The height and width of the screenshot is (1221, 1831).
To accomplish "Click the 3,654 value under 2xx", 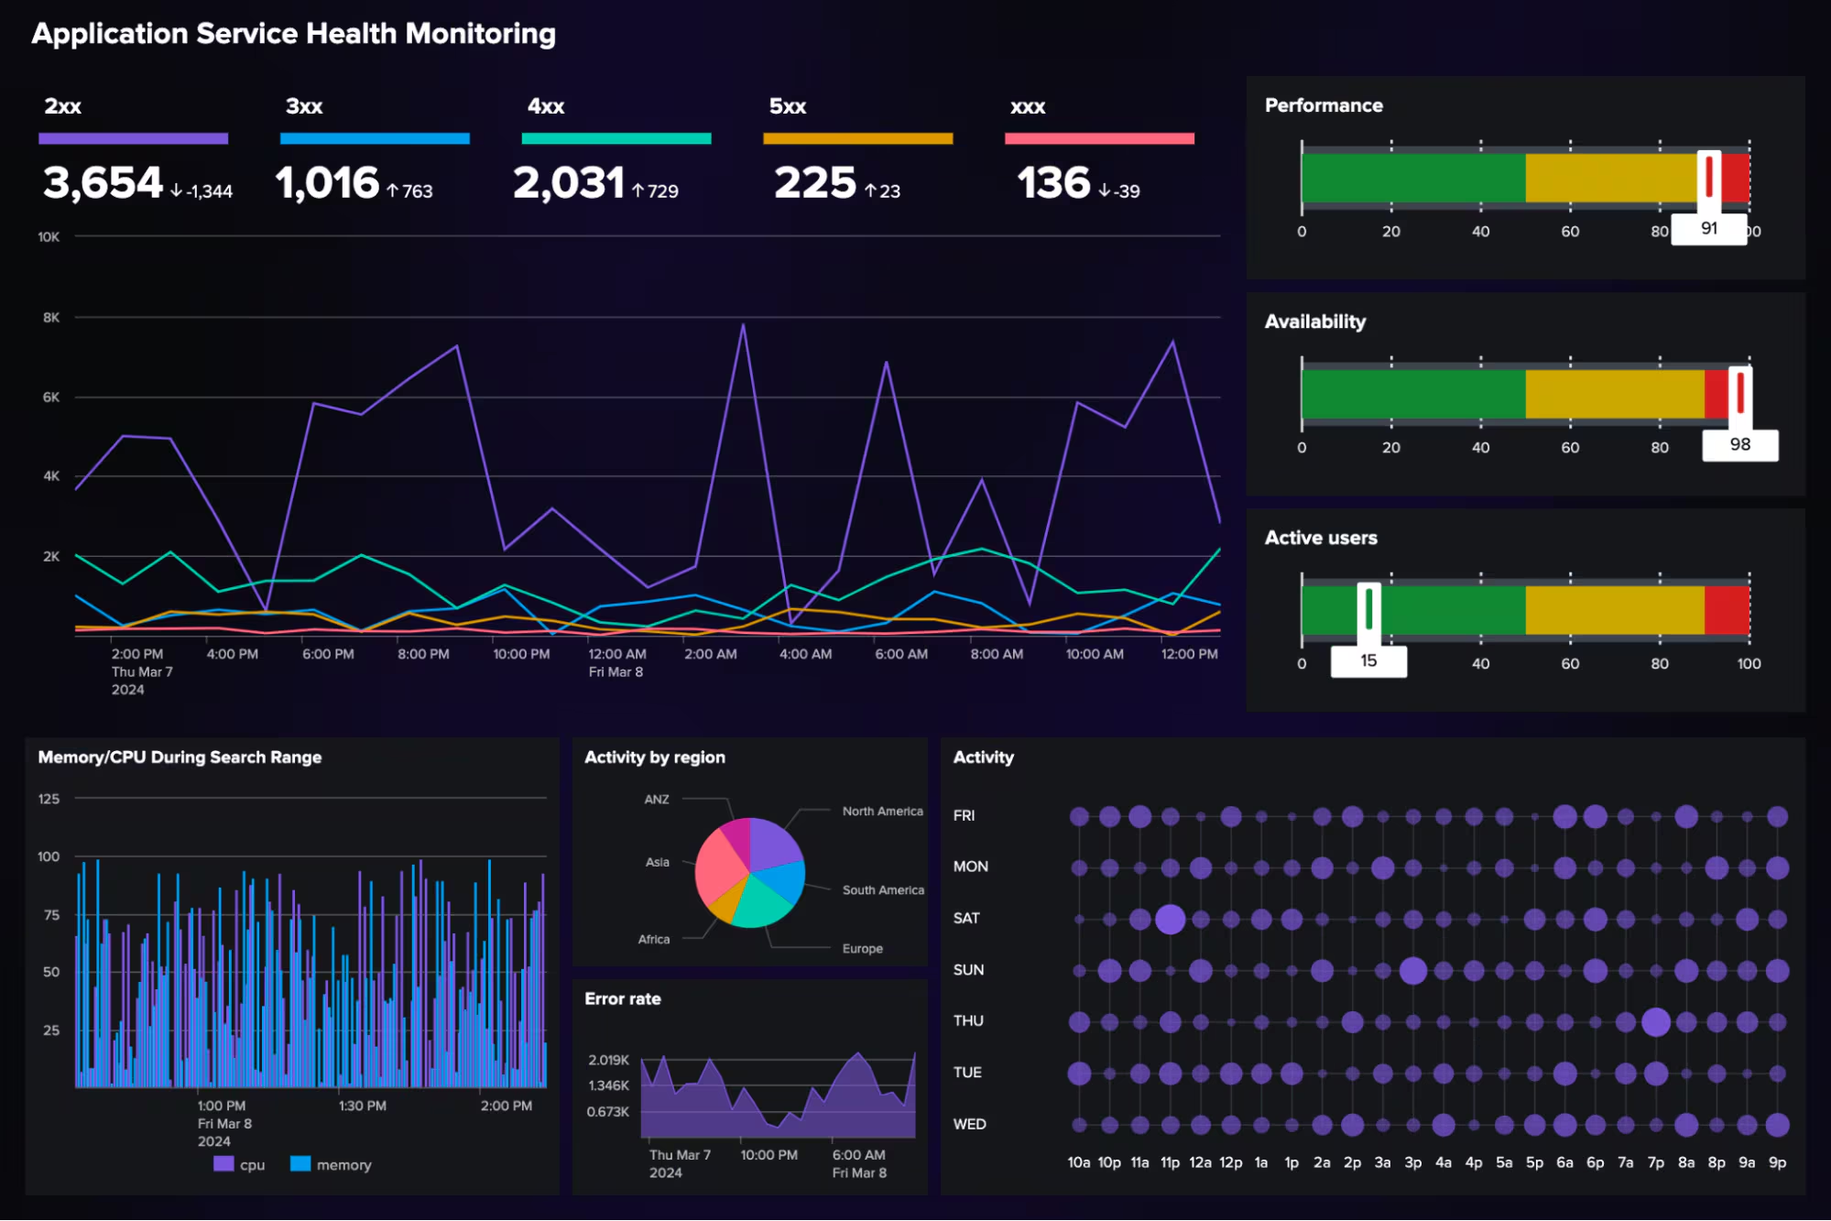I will point(103,183).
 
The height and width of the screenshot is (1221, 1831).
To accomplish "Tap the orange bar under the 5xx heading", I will point(857,138).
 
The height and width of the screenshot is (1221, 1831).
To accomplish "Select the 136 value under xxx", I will point(1053,183).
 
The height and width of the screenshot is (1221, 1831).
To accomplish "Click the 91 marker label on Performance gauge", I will point(1708,228).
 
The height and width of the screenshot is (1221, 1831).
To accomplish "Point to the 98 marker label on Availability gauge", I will point(1739,444).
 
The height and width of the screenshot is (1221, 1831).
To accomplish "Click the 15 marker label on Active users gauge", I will point(1368,660).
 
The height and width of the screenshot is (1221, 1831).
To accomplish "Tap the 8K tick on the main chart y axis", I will point(51,317).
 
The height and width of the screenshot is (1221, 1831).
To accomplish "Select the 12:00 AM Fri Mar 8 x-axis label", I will point(616,662).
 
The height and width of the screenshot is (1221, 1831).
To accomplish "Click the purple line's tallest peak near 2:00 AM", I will point(743,325).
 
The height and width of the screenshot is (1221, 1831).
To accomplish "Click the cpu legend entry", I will point(240,1164).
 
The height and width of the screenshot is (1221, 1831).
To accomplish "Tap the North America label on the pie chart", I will point(882,811).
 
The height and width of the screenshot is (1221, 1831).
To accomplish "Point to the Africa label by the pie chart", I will point(653,939).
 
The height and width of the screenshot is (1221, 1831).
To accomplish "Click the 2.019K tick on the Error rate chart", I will point(608,1060).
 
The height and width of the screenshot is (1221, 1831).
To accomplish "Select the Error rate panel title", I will point(622,998).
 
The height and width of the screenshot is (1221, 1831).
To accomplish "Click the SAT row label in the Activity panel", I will point(965,918).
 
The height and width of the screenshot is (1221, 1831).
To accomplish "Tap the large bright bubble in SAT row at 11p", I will point(1170,919).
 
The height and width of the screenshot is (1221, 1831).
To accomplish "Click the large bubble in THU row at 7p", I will point(1655,1021).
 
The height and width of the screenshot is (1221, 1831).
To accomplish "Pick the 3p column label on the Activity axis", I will point(1412,1162).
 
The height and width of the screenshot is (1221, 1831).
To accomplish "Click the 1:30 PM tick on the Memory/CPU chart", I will point(362,1106).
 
